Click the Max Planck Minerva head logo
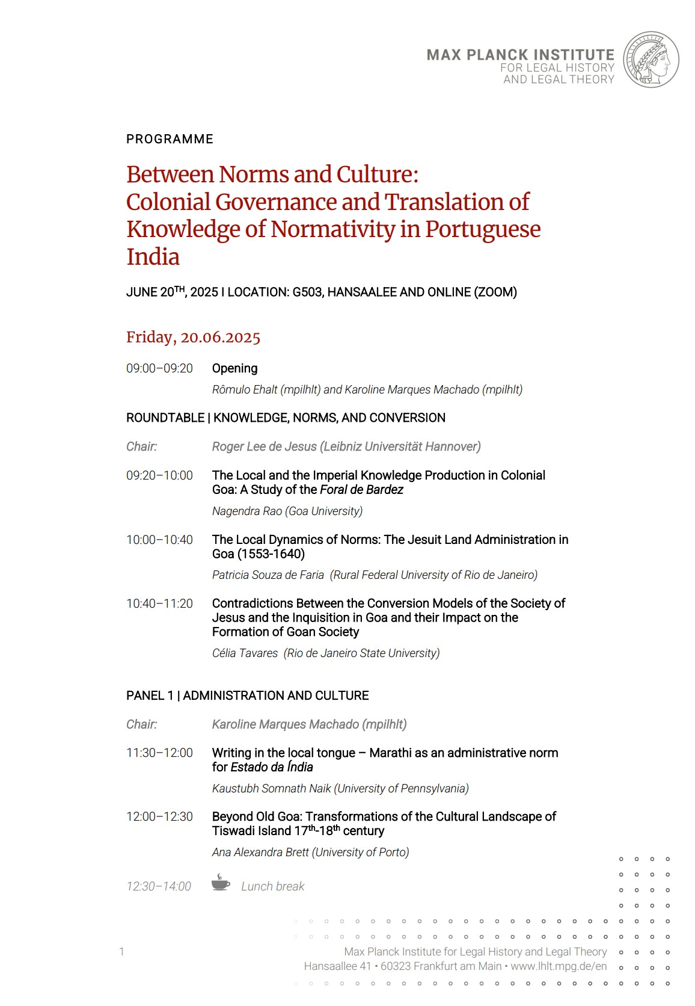[x=651, y=60]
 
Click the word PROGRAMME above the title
[x=170, y=139]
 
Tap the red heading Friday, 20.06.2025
[x=193, y=337]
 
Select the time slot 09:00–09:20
[x=159, y=368]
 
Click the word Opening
[x=234, y=368]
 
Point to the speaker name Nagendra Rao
[x=247, y=511]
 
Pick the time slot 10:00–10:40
[x=159, y=540]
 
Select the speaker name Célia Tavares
[x=245, y=653]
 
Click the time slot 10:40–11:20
[x=159, y=603]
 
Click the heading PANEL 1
[x=149, y=696]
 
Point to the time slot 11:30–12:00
[x=159, y=753]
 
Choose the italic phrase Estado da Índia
[x=272, y=767]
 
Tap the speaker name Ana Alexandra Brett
[x=260, y=852]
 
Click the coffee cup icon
[x=221, y=883]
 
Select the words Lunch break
[x=272, y=886]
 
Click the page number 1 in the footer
[x=121, y=951]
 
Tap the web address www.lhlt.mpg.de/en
[x=559, y=966]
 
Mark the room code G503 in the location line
[x=307, y=292]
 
